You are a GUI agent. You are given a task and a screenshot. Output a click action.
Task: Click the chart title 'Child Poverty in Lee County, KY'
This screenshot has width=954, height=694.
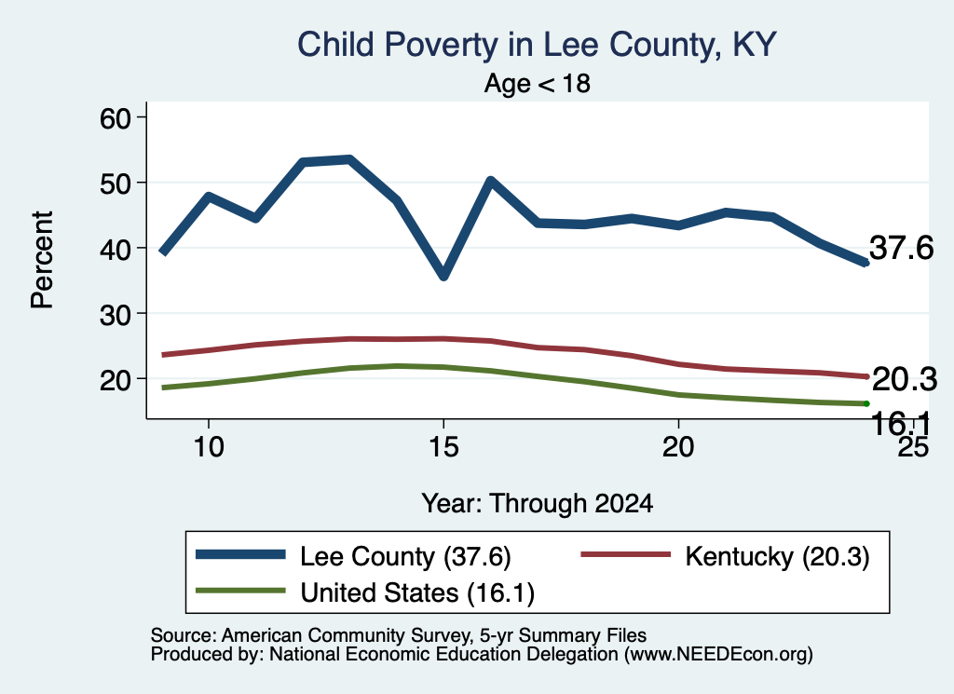tap(537, 45)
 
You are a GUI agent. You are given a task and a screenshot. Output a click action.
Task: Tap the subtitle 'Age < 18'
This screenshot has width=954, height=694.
tap(538, 83)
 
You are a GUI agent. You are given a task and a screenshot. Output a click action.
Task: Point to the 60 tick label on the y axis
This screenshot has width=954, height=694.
tap(116, 118)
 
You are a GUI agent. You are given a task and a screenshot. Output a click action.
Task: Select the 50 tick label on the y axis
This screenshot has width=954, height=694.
tap(116, 184)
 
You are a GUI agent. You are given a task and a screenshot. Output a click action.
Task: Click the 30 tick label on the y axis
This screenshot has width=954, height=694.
tap(116, 314)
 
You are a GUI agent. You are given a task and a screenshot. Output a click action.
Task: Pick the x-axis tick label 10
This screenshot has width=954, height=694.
tap(209, 447)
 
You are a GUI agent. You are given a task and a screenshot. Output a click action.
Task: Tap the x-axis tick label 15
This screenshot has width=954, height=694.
tap(443, 447)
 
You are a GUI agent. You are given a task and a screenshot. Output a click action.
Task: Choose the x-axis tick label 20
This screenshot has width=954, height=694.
tap(678, 447)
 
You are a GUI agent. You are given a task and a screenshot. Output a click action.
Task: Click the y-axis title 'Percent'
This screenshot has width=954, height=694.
tap(43, 260)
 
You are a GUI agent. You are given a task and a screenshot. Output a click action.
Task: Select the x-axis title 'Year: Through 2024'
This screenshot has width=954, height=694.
tap(538, 504)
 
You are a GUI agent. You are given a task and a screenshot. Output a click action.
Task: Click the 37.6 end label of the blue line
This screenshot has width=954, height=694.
tap(901, 248)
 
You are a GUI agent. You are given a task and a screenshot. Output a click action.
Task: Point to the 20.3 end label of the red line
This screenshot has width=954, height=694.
tap(905, 379)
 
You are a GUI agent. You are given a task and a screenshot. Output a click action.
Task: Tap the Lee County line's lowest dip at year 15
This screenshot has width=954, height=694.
tap(443, 276)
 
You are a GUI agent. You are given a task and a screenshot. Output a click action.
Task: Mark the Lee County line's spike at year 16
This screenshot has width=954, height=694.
tap(490, 181)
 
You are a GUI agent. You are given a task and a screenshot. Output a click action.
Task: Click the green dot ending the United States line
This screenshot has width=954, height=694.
tap(865, 404)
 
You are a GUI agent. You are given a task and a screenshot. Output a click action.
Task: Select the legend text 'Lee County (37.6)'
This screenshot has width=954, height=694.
tap(405, 556)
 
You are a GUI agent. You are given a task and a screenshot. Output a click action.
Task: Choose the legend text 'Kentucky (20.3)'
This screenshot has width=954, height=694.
tap(778, 556)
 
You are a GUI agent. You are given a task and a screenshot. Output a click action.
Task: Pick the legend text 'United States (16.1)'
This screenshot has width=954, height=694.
tap(417, 593)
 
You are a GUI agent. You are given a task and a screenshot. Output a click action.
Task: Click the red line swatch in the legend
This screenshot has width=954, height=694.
tap(625, 554)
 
